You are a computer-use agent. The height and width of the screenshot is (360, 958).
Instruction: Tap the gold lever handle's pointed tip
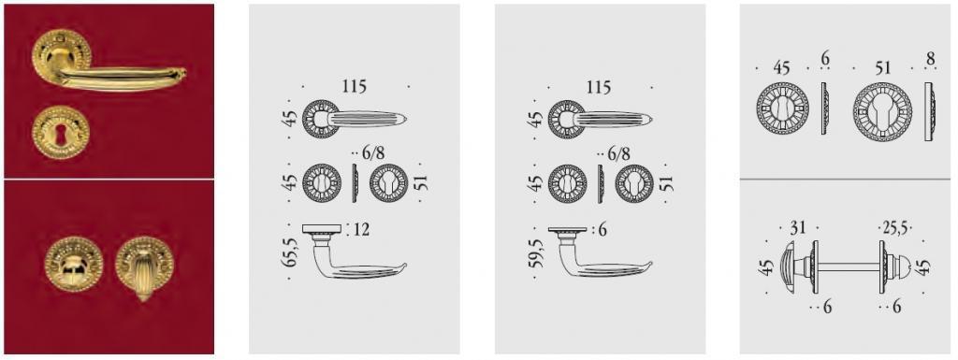tap(183, 73)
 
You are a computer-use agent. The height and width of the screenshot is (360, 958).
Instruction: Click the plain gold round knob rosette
tap(74, 265)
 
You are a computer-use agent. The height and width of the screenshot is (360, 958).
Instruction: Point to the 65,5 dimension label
tap(290, 252)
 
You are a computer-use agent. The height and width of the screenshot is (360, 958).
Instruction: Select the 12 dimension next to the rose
tap(360, 229)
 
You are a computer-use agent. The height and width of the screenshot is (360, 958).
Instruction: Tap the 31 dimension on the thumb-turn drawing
tap(798, 227)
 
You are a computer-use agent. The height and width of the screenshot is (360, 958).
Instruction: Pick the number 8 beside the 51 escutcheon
tap(930, 59)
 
